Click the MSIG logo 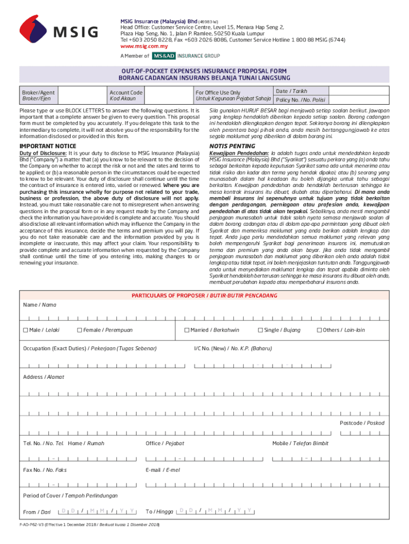pyautogui.click(x=58, y=31)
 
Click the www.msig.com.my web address pyautogui.click(x=141, y=46)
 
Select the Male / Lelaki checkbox pyautogui.click(x=25, y=330)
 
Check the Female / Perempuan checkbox pyautogui.click(x=80, y=330)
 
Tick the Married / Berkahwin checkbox pyautogui.click(x=187, y=330)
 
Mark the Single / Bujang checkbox pyautogui.click(x=260, y=330)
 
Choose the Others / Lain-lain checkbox pyautogui.click(x=319, y=330)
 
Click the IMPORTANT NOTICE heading pyautogui.click(x=48, y=146)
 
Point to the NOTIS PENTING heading pyautogui.click(x=232, y=146)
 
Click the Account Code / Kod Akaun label pyautogui.click(x=126, y=96)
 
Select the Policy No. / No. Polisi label pyautogui.click(x=301, y=100)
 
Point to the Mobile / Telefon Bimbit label pyautogui.click(x=300, y=443)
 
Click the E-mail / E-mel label pyautogui.click(x=163, y=470)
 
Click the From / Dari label pyautogui.click(x=37, y=512)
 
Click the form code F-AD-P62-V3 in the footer pyautogui.click(x=33, y=525)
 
